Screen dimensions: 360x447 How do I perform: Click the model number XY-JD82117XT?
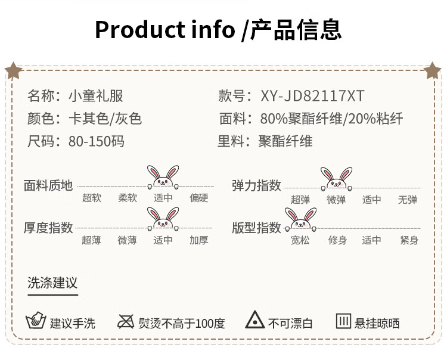click(x=312, y=96)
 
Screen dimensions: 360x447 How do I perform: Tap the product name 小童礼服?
click(x=95, y=96)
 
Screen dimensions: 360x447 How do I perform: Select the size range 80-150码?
click(x=96, y=141)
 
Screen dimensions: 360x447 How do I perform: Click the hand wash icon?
click(x=36, y=322)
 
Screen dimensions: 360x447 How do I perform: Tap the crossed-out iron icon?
click(x=126, y=322)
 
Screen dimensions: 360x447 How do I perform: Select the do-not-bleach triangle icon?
click(x=255, y=321)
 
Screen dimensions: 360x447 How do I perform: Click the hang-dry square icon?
click(x=343, y=321)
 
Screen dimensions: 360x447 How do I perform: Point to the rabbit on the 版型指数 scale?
click(x=300, y=219)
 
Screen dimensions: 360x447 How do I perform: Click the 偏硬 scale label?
click(x=199, y=198)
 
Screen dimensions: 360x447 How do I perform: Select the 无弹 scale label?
click(x=408, y=200)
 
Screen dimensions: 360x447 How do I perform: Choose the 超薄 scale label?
click(x=92, y=240)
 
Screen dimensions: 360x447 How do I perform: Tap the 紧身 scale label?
click(x=409, y=240)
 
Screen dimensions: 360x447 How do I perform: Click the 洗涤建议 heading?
click(x=52, y=283)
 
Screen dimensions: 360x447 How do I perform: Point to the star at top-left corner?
click(x=13, y=72)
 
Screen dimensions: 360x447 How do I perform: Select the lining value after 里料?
click(x=285, y=141)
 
